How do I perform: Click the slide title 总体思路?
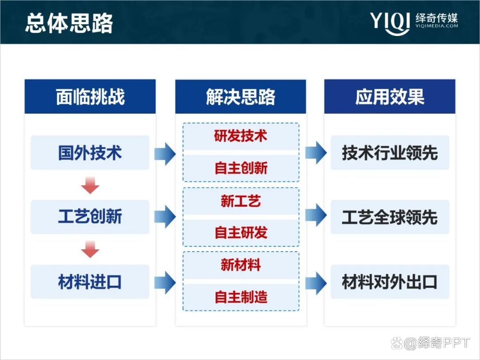click(x=69, y=23)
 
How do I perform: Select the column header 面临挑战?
click(x=90, y=97)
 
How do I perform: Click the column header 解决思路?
click(x=240, y=97)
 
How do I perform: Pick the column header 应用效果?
click(x=390, y=97)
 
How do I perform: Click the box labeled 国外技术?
click(x=90, y=153)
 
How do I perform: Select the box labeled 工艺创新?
click(x=90, y=217)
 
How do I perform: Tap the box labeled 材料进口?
click(x=90, y=282)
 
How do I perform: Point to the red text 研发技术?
click(x=240, y=136)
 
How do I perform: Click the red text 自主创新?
click(x=240, y=168)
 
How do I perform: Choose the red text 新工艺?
click(x=240, y=201)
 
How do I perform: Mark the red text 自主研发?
click(x=240, y=232)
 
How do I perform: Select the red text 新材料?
click(x=240, y=265)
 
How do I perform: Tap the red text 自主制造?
click(x=240, y=297)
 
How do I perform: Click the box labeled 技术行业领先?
click(x=390, y=153)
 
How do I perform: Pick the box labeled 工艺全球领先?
click(x=390, y=217)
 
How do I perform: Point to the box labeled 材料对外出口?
click(x=390, y=282)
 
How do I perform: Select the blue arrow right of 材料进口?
click(x=164, y=282)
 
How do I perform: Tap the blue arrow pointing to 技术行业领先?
click(x=316, y=153)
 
